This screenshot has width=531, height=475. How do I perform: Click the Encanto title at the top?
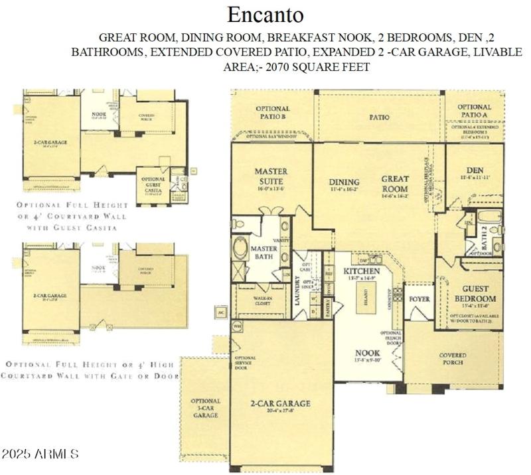pyautogui.click(x=265, y=14)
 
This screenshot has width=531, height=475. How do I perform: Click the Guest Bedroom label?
pyautogui.click(x=475, y=294)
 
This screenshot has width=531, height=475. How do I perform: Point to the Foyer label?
pyautogui.click(x=418, y=299)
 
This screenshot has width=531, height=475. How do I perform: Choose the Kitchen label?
pyautogui.click(x=361, y=272)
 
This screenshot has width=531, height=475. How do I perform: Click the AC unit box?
pyautogui.click(x=221, y=312)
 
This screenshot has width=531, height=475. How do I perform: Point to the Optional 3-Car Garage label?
pyautogui.click(x=205, y=408)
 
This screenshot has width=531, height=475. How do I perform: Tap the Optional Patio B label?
pyautogui.click(x=273, y=113)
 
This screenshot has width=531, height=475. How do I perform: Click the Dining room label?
pyautogui.click(x=344, y=182)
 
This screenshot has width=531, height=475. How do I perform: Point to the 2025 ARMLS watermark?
pyautogui.click(x=40, y=455)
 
